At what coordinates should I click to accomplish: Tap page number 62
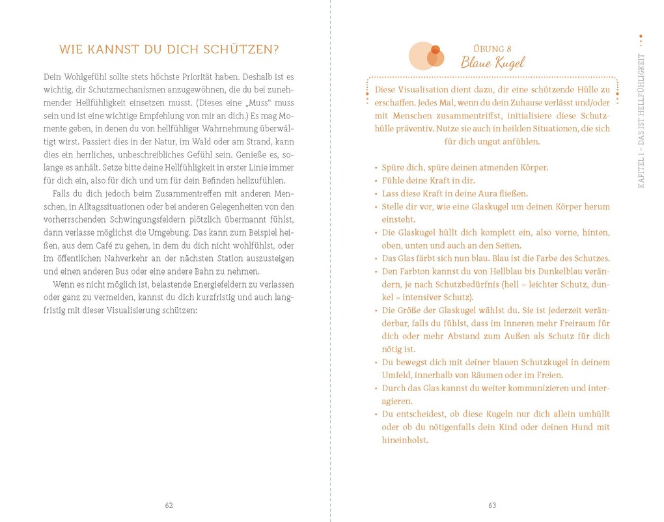pos(169,505)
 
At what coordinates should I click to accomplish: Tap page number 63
pos(492,505)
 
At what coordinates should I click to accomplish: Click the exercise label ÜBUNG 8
pos(492,49)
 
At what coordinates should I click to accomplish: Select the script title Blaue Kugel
pos(492,63)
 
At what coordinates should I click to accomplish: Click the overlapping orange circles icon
pos(426,56)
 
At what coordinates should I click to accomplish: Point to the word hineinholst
pos(405,440)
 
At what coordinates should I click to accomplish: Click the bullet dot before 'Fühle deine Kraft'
pos(376,181)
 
